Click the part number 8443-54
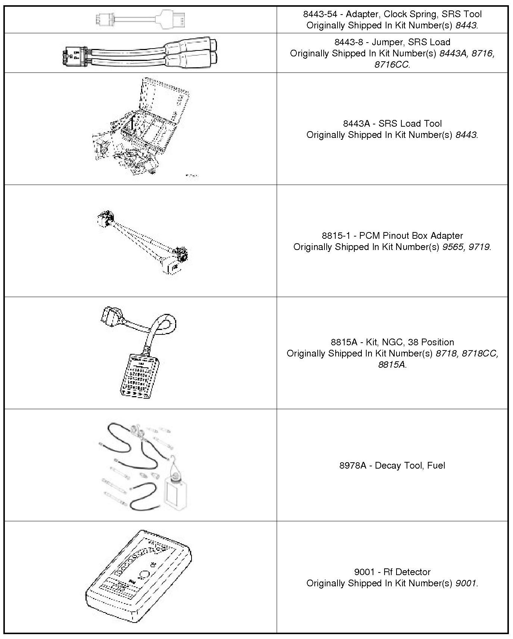click(x=320, y=14)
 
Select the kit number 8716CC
click(x=392, y=65)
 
